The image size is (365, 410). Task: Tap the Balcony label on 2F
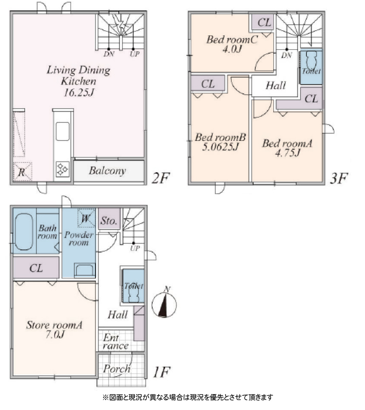[x=107, y=171]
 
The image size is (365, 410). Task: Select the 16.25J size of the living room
[x=79, y=93]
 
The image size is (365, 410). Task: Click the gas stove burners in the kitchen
[x=63, y=169]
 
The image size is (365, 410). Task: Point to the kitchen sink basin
[x=63, y=131]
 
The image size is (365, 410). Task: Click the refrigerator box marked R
[x=22, y=172]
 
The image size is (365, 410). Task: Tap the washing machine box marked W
[x=86, y=218]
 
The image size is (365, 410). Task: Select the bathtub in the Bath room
[x=24, y=232]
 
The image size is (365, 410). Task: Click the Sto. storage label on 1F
[x=109, y=221]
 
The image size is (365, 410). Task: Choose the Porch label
[x=116, y=369]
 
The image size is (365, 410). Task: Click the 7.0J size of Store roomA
[x=55, y=335]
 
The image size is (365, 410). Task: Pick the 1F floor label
[x=161, y=372]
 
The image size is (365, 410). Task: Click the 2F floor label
[x=161, y=178]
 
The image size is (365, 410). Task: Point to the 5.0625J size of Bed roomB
[x=220, y=147]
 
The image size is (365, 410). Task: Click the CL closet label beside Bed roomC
[x=264, y=23]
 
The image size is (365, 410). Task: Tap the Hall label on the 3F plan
[x=276, y=86]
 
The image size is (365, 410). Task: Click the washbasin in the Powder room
[x=85, y=270]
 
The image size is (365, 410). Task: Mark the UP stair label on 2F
[x=135, y=54]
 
